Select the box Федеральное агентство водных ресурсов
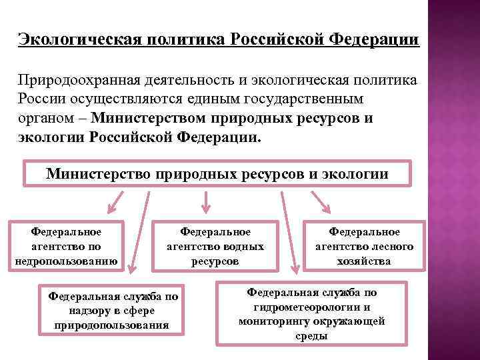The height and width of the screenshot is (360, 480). [x=215, y=246]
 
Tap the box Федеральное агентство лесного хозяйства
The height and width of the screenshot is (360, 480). [x=364, y=246]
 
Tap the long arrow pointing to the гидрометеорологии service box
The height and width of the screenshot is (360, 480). [x=290, y=233]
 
